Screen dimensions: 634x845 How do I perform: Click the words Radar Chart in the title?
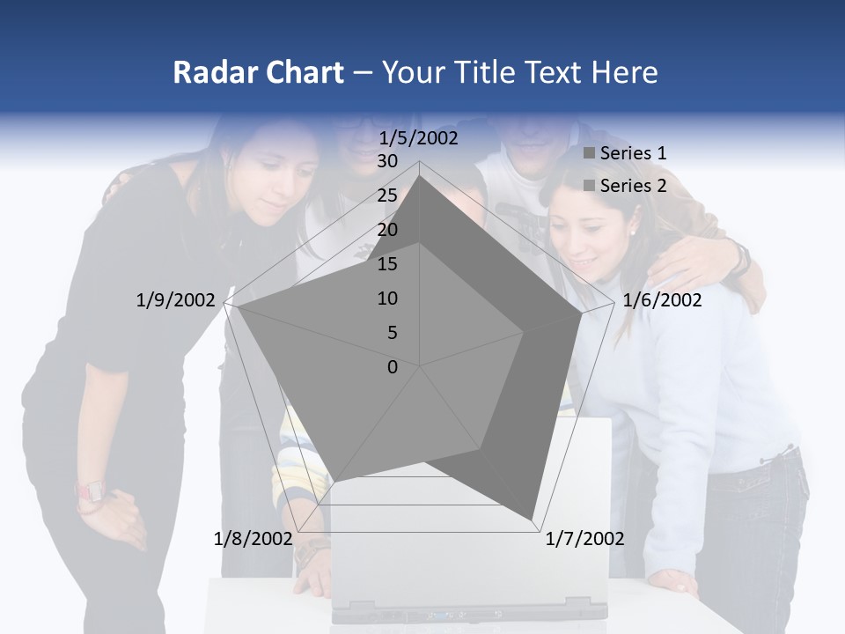pyautogui.click(x=257, y=72)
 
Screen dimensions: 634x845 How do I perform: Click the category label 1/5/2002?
pyautogui.click(x=418, y=138)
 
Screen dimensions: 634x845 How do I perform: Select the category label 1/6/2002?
pyautogui.click(x=662, y=300)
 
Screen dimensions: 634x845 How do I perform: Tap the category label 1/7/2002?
pyautogui.click(x=584, y=538)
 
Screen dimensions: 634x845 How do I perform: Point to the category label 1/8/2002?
pyautogui.click(x=253, y=538)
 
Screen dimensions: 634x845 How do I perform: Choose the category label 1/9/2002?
pyautogui.click(x=175, y=300)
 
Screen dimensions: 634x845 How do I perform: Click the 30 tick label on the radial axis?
pyautogui.click(x=387, y=162)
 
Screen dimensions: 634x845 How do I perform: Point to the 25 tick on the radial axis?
pyautogui.click(x=387, y=196)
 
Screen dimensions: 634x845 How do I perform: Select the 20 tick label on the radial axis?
pyautogui.click(x=387, y=231)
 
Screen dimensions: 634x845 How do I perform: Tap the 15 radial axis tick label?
pyautogui.click(x=387, y=264)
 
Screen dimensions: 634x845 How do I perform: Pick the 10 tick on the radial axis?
pyautogui.click(x=387, y=299)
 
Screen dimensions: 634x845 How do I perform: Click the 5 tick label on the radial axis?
pyautogui.click(x=392, y=333)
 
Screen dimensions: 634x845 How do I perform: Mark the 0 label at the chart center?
pyautogui.click(x=393, y=367)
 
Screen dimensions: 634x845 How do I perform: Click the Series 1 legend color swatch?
pyautogui.click(x=589, y=153)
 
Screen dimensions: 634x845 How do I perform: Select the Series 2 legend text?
pyautogui.click(x=633, y=186)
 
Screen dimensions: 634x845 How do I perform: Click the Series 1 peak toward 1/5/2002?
pyautogui.click(x=420, y=175)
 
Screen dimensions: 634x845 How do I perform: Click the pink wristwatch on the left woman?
pyautogui.click(x=89, y=490)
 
